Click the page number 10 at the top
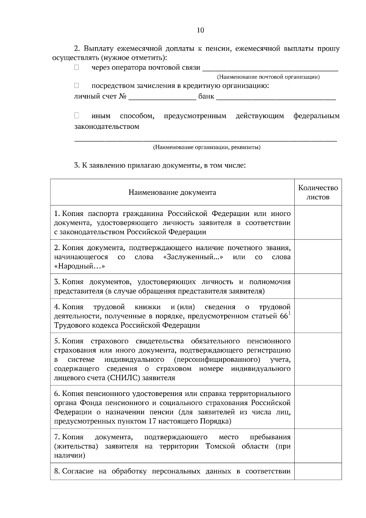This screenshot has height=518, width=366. pos(200,30)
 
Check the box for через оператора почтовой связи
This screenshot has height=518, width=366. pos(77,67)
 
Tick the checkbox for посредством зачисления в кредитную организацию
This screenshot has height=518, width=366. pos(77,86)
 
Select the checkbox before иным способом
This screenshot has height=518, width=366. pos(77,116)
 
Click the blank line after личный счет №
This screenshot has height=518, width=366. pos(162,97)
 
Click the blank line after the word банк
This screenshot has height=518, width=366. pos(276,97)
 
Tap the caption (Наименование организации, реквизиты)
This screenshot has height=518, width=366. pos(206,148)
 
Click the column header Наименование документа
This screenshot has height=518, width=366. pos(172,192)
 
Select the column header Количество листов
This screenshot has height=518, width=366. pos(318,192)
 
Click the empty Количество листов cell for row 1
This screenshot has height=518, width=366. pos(318,222)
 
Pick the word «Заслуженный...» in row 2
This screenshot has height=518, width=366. pos(193,257)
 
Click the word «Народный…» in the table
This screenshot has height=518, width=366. pos(80,266)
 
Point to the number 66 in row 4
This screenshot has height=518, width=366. pos(284,316)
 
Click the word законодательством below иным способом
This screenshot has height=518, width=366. pos(107,127)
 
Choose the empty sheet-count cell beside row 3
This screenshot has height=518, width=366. pos(318,286)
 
